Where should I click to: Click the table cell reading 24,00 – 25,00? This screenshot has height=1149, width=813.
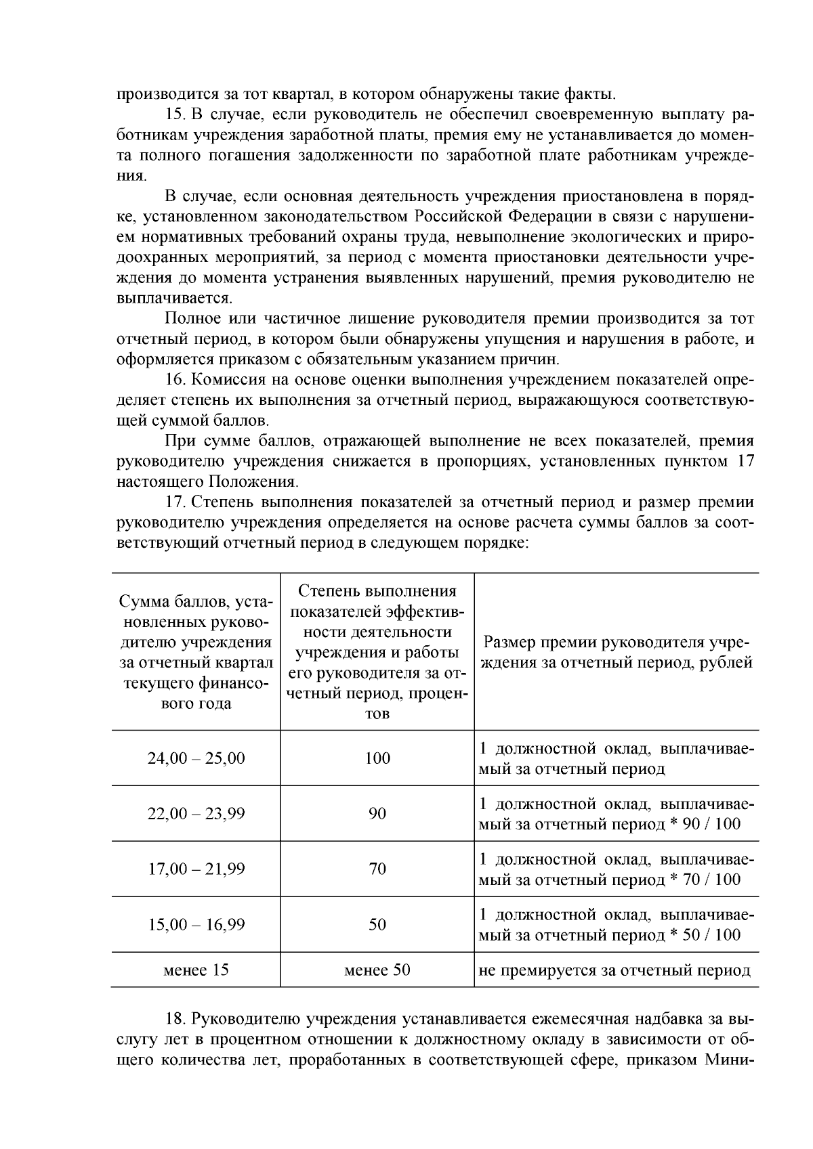pos(196,758)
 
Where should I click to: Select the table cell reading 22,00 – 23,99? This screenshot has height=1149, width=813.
pos(196,814)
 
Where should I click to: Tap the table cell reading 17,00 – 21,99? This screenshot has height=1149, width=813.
pos(196,869)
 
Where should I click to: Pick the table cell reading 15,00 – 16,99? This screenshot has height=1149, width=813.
pos(196,925)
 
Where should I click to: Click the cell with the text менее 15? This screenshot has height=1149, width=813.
pos(196,970)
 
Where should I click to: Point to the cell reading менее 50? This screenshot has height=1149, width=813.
pos(377,970)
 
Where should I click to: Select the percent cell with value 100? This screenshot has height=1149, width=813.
pos(377,758)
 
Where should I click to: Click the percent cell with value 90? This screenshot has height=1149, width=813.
pos(377,814)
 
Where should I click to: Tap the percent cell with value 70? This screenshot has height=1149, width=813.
pos(377,869)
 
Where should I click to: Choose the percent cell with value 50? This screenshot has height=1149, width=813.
pos(377,925)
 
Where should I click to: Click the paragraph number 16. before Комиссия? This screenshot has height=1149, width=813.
pos(175,380)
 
